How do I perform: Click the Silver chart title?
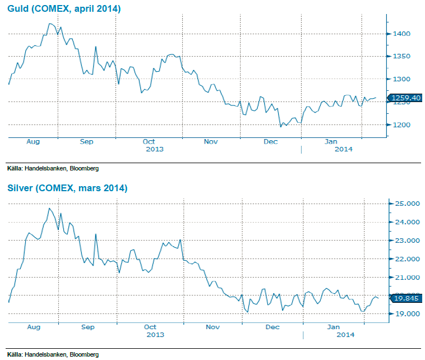67,188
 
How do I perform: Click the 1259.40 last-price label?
406,98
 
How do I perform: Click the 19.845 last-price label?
407,298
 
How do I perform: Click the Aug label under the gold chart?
33,142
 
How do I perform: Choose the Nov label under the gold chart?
210,142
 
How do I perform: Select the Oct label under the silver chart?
150,326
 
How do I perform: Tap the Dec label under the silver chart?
272,326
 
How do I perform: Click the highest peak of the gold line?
50,24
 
